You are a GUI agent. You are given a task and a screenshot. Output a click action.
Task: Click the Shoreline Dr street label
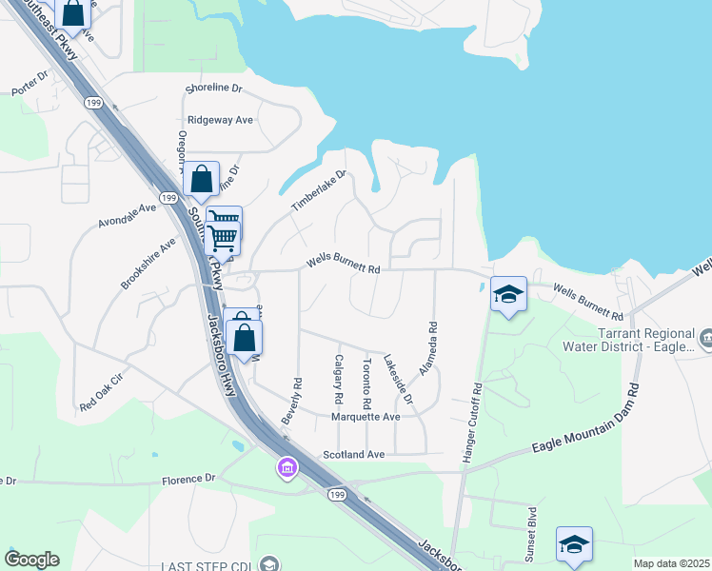coord(215,89)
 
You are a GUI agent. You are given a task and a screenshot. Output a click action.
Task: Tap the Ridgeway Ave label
coord(220,120)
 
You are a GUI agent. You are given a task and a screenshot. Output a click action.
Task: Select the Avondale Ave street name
coord(127,216)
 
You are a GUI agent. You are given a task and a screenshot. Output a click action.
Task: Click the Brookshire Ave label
coord(148,264)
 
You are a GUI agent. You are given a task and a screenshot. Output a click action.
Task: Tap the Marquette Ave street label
coord(366,417)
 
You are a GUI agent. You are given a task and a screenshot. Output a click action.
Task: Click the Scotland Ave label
coord(353,455)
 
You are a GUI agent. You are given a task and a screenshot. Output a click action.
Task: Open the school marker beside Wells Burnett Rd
coord(508,294)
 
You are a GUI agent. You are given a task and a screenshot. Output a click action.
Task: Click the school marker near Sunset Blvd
coord(574,544)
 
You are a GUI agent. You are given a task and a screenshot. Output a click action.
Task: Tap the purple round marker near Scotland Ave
coord(287,468)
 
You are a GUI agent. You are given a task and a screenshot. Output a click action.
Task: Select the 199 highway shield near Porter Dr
coord(94,102)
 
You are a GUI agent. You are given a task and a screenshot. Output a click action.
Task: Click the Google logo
coord(31,560)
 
